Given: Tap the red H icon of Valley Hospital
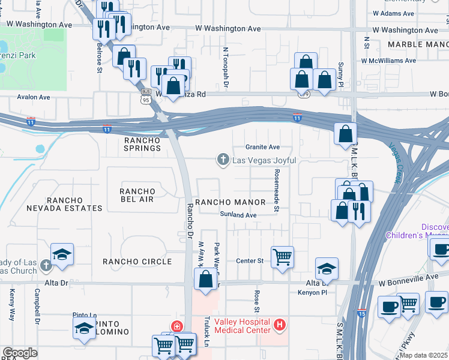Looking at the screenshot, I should click(279, 325).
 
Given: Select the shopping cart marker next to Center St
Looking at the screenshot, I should click(282, 257).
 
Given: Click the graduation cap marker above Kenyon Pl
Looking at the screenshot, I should click(327, 268).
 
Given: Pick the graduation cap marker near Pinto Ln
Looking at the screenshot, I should click(84, 328).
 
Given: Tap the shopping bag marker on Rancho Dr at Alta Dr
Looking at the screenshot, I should click(205, 279).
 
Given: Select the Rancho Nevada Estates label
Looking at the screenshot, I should click(64, 204).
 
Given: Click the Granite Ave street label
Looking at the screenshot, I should click(262, 147).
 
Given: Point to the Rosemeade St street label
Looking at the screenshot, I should click(277, 190).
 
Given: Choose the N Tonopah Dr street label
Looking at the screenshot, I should click(226, 68).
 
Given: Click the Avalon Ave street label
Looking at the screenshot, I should click(34, 97).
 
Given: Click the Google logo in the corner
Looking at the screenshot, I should click(20, 353).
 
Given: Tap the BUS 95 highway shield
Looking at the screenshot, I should click(146, 96).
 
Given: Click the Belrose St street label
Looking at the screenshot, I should click(100, 57).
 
